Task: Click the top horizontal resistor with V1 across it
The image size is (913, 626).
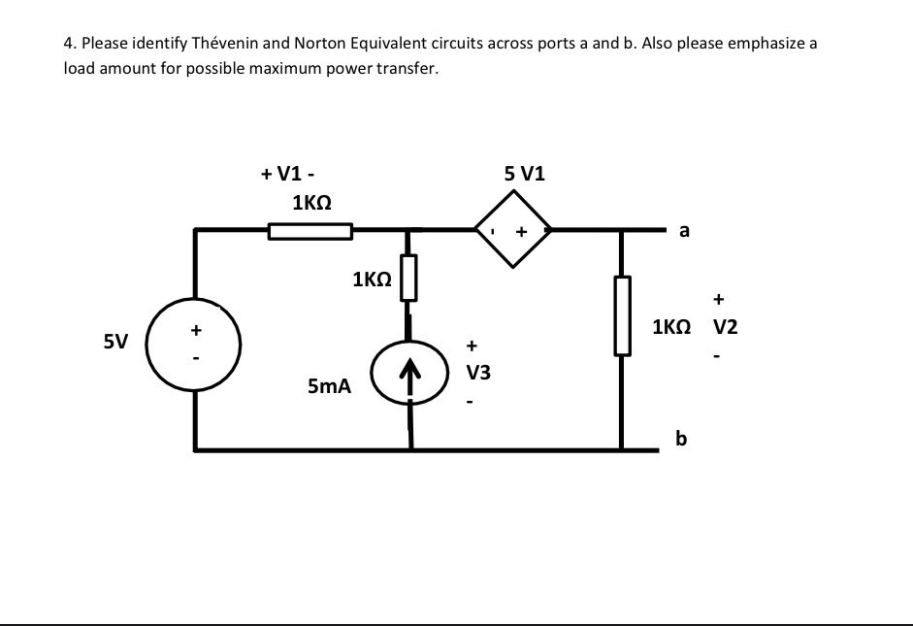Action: (310, 231)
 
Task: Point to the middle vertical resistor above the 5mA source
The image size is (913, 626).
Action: (408, 278)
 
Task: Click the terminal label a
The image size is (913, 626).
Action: (685, 231)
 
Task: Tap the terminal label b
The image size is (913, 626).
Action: (681, 440)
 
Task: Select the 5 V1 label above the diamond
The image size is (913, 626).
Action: (525, 176)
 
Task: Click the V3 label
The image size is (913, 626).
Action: (477, 373)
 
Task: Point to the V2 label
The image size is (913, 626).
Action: (726, 327)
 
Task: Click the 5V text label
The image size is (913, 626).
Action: (115, 342)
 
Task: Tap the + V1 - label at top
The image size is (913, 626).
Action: (286, 175)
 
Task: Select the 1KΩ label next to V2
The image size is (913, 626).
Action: (673, 327)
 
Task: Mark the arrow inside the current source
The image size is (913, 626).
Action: (410, 373)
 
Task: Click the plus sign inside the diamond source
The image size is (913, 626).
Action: (521, 232)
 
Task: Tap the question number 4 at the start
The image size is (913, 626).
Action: (68, 44)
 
